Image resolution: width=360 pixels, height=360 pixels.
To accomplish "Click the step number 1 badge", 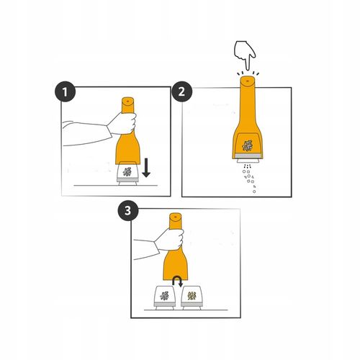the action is tap(66, 91).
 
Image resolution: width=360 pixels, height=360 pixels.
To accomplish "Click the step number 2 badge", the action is tap(181, 91).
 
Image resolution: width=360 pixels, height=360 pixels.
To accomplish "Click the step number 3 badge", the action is tap(128, 210).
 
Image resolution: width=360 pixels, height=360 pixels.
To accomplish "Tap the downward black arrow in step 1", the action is tap(146, 168).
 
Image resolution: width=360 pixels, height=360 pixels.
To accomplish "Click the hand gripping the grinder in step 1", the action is tap(122, 123).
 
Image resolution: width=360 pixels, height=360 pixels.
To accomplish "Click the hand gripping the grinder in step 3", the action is tap(170, 239).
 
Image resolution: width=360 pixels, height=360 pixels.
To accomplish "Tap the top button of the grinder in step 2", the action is tap(247, 81).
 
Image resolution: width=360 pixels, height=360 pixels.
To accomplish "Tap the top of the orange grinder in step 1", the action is tap(127, 101).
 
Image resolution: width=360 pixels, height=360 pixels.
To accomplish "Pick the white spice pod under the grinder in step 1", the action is tap(127, 174).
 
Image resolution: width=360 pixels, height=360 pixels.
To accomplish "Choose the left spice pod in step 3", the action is tap(165, 297).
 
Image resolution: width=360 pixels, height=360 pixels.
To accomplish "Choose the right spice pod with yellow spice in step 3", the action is tap(192, 297).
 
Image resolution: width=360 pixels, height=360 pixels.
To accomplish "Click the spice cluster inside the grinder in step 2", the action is tap(247, 145).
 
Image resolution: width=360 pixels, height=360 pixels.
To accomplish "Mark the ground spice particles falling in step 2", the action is tap(250, 179).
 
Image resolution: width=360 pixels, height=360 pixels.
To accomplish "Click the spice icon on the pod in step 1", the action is tap(127, 172).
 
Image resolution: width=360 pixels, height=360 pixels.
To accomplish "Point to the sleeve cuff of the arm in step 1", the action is tap(109, 131).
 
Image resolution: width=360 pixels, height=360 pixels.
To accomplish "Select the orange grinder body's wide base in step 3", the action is tap(176, 266).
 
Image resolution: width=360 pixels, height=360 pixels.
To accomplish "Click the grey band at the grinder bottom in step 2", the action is tap(247, 156).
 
